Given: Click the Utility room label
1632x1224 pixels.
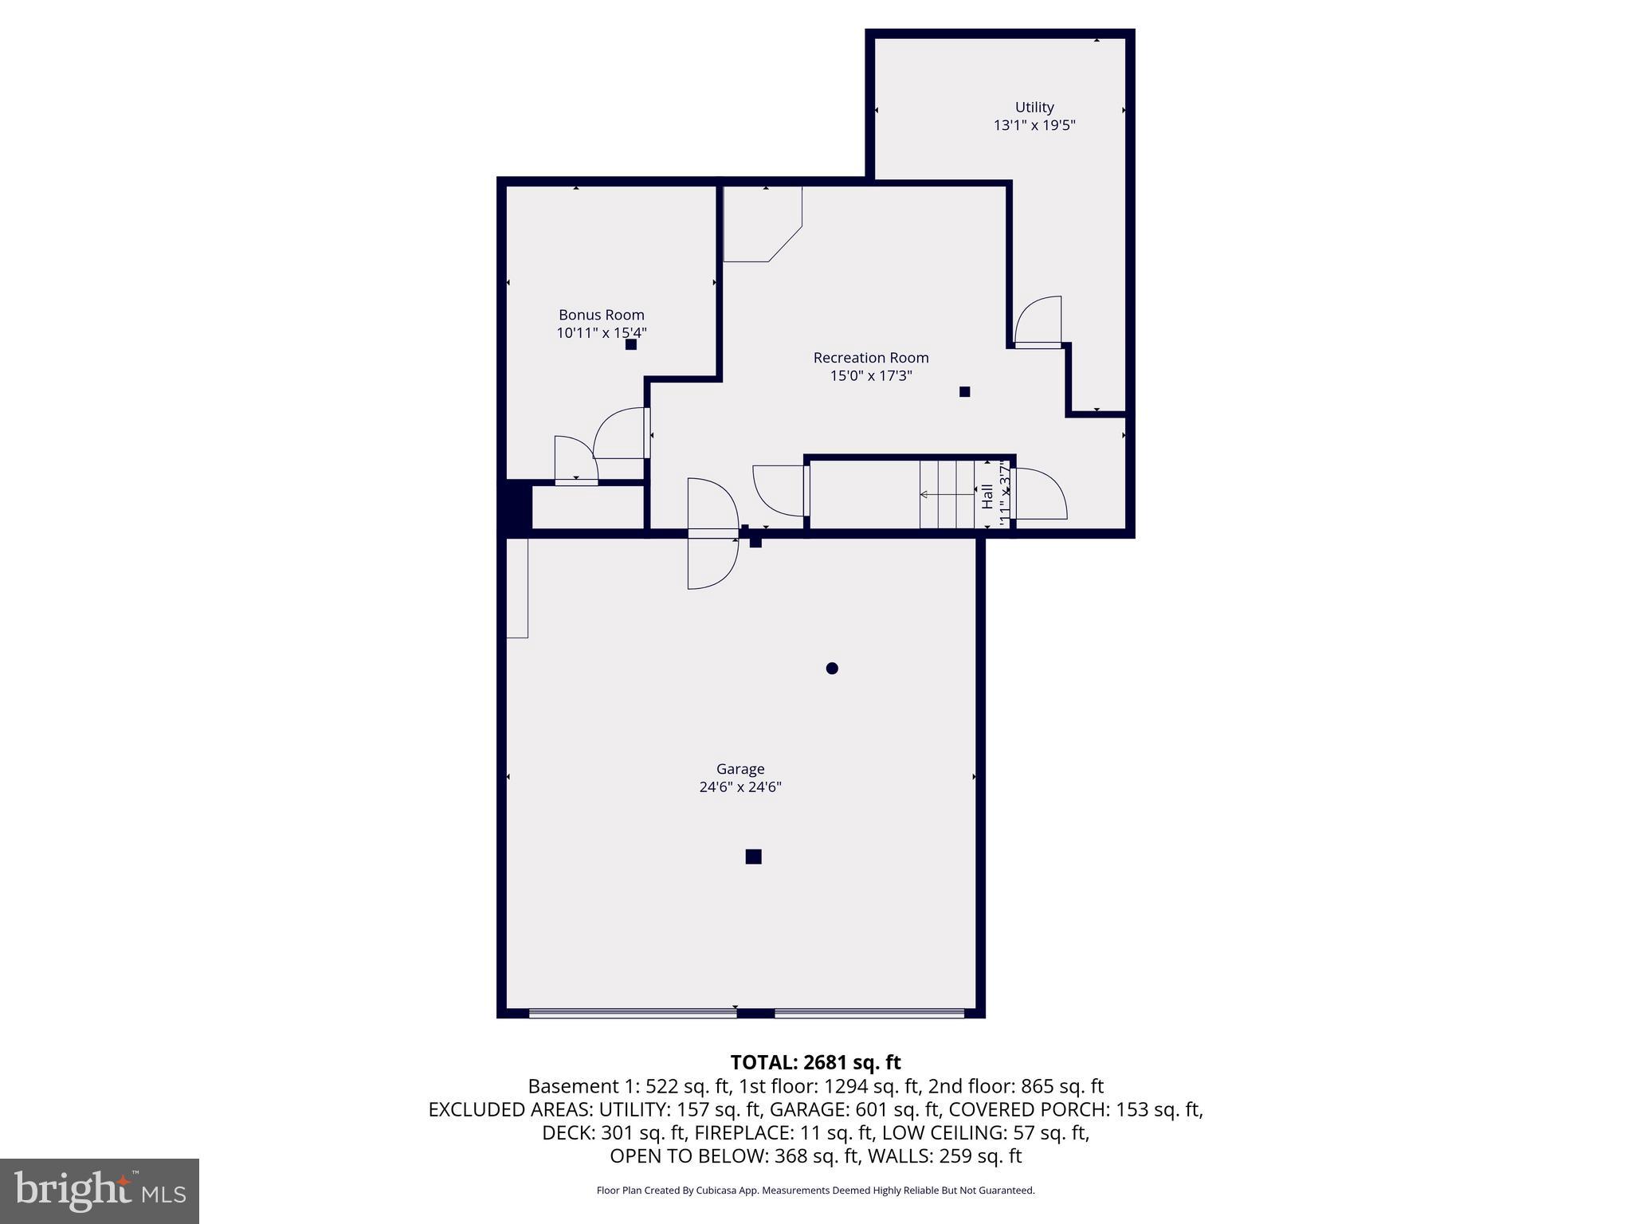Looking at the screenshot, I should [x=1034, y=107].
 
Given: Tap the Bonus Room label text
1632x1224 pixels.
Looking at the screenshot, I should [x=601, y=315].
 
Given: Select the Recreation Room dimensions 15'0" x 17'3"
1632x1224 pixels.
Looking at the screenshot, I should [x=870, y=375].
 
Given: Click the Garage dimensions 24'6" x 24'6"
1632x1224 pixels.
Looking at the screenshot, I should [x=739, y=787].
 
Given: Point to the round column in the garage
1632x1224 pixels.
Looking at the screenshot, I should [x=832, y=668].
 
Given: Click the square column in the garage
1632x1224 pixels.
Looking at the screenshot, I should [x=753, y=857].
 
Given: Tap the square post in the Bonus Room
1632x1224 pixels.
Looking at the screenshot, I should [x=630, y=344].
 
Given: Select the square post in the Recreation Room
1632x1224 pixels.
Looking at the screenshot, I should [x=964, y=391].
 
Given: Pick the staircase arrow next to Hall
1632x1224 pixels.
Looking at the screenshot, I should [x=947, y=495].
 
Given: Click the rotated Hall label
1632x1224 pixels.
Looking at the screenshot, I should [x=987, y=496].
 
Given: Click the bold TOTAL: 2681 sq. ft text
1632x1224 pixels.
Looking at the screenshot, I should [x=815, y=1062].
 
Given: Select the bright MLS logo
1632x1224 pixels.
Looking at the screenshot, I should [x=100, y=1191].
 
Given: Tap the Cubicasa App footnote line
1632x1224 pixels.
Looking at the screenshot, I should [x=815, y=1191].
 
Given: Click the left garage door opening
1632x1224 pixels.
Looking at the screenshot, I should [x=633, y=1013].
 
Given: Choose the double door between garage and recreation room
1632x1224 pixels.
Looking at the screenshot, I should [x=713, y=533].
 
